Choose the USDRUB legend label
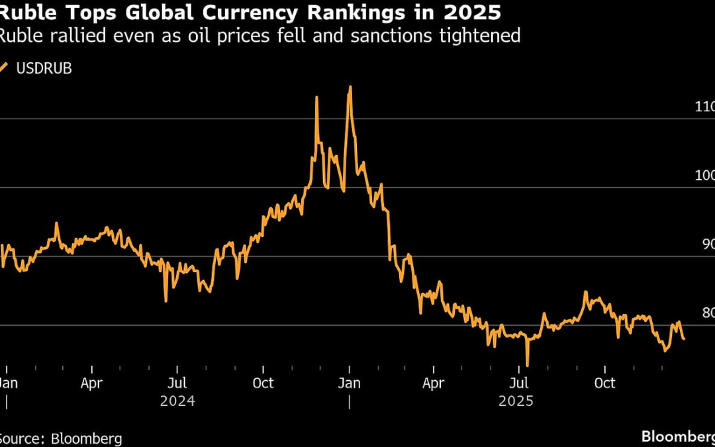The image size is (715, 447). [x=43, y=68]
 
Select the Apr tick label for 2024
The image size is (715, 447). [x=91, y=383]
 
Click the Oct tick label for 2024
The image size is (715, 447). [x=263, y=383]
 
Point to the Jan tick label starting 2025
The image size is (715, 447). [x=349, y=383]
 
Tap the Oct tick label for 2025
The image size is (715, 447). [x=604, y=383]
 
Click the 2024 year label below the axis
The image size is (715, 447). [x=177, y=401]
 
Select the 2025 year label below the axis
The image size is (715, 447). [x=520, y=401]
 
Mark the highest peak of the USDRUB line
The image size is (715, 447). [x=350, y=87]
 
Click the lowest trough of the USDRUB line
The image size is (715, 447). [x=527, y=365]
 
